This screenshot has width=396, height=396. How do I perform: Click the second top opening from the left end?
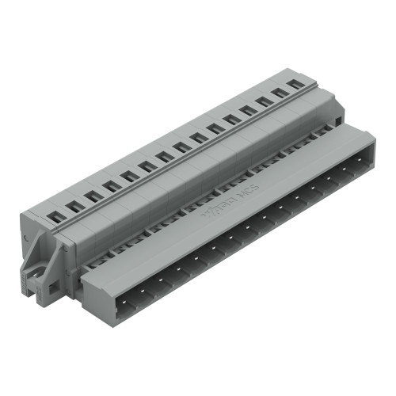pos(75,205)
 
